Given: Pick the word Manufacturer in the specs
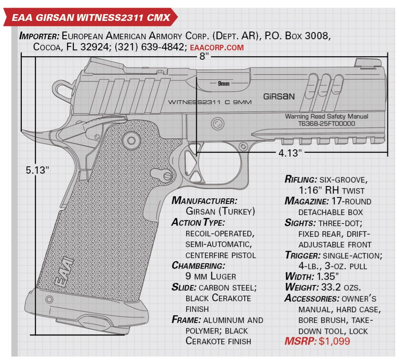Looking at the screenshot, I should (204, 200).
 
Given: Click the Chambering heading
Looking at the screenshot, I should (198, 265).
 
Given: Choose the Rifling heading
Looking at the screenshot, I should (303, 179).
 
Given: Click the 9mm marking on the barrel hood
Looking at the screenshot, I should (223, 84).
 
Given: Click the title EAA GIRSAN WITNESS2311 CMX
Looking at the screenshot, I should (88, 17).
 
